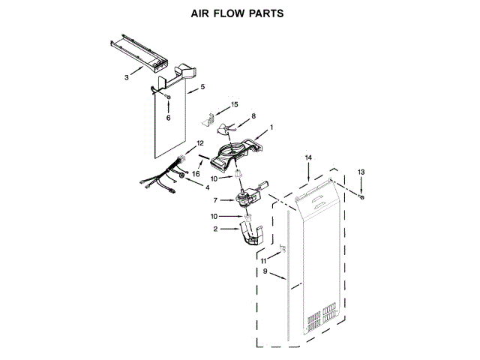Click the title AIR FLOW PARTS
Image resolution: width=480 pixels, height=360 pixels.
tap(240, 13)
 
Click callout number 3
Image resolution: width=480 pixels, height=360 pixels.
tap(127, 77)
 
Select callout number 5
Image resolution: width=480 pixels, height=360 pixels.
tap(202, 88)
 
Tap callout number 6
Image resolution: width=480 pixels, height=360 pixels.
tap(168, 118)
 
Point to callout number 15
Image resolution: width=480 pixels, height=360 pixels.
tap(234, 104)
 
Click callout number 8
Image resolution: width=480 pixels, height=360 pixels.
tap(253, 116)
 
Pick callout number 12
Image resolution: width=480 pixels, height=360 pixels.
tap(199, 142)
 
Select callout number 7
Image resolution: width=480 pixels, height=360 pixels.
tap(216, 200)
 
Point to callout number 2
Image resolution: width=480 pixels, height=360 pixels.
tap(215, 229)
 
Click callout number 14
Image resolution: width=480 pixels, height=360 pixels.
tap(307, 158)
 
